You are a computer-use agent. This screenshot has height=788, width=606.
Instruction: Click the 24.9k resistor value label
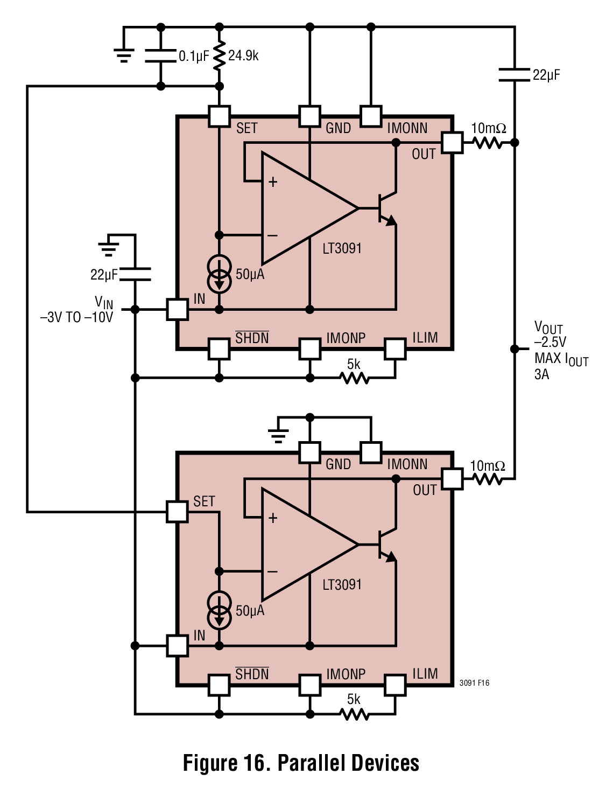pyautogui.click(x=243, y=56)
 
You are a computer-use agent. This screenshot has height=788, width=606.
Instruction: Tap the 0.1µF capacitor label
pyautogui.click(x=194, y=56)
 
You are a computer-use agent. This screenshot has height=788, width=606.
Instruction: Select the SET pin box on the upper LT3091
pyautogui.click(x=219, y=116)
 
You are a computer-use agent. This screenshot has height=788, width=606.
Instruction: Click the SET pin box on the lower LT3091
pyautogui.click(x=177, y=512)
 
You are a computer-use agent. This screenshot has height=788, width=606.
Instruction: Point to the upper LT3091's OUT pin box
pyautogui.click(x=452, y=143)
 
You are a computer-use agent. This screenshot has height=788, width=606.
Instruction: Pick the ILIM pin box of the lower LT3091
pyautogui.click(x=395, y=685)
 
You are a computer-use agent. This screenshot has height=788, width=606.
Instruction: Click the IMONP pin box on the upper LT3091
pyautogui.click(x=309, y=349)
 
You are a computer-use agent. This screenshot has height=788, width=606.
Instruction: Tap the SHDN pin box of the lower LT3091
pyautogui.click(x=219, y=685)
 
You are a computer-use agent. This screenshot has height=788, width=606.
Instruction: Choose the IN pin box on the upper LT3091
pyautogui.click(x=178, y=309)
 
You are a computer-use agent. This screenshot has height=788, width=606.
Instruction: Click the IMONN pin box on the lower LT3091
pyautogui.click(x=371, y=452)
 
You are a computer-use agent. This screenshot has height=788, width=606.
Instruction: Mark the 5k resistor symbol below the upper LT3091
pyautogui.click(x=355, y=378)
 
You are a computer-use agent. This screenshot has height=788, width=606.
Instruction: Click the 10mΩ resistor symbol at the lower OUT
pyautogui.click(x=488, y=479)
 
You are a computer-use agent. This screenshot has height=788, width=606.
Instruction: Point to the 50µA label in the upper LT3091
pyautogui.click(x=250, y=275)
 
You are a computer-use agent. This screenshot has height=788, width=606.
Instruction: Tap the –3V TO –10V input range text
pyautogui.click(x=76, y=317)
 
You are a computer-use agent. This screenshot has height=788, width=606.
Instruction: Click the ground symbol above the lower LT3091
pyautogui.click(x=278, y=436)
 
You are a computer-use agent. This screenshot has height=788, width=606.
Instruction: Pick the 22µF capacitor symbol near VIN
pyautogui.click(x=135, y=274)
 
